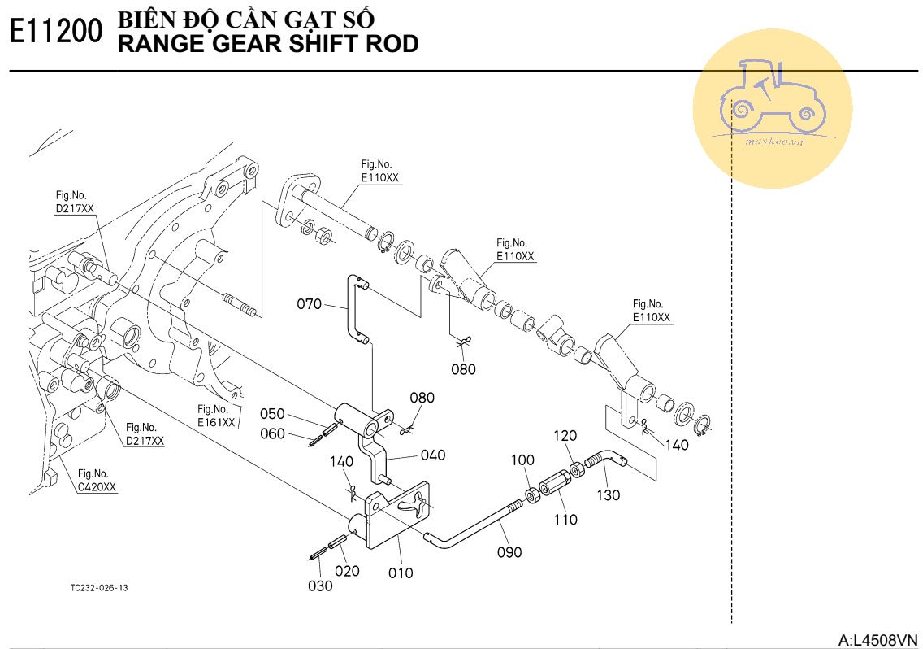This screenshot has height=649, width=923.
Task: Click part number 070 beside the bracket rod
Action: [309, 305]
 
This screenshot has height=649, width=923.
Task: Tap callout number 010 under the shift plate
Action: [400, 573]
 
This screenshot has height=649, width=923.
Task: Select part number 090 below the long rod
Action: [509, 552]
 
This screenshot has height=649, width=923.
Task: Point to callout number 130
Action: [608, 494]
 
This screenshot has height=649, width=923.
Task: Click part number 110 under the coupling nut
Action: [565, 519]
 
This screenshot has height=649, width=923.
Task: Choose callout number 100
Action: [522, 460]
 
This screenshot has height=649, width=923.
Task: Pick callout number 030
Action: [320, 586]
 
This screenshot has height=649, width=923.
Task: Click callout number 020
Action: [347, 570]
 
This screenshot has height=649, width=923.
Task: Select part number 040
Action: [433, 455]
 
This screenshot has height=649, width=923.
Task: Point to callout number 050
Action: [272, 413]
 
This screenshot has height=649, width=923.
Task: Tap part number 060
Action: [272, 433]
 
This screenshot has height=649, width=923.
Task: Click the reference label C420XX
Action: [97, 487]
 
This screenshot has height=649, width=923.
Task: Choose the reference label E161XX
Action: [216, 422]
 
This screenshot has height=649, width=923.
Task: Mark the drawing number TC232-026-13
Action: [99, 588]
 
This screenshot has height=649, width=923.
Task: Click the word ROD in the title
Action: [392, 44]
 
